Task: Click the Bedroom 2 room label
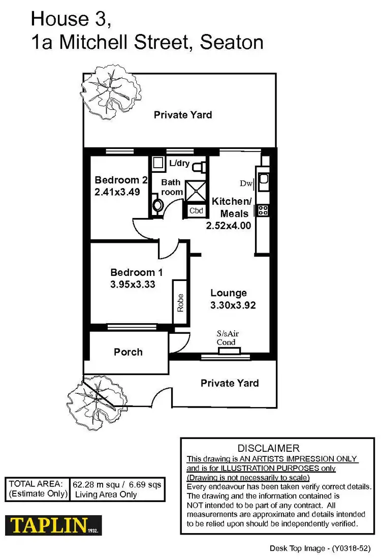[x=121, y=180]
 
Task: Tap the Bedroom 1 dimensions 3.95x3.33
[x=133, y=285]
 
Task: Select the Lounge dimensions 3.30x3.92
[x=233, y=305]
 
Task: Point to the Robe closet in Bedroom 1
[x=180, y=302]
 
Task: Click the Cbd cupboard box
[x=197, y=210]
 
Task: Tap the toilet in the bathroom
[x=158, y=205]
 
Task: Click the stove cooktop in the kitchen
[x=263, y=210]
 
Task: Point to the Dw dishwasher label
[x=246, y=183]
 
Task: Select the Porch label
[x=128, y=352]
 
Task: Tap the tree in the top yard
[x=111, y=90]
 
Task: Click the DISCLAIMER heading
[x=269, y=448]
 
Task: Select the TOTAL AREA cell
[x=37, y=489]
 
